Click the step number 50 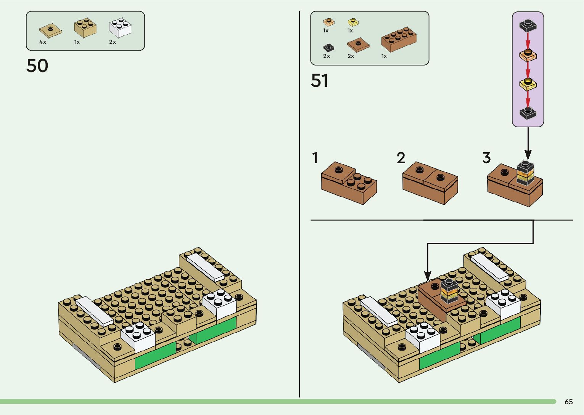(37, 66)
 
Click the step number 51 (320, 81)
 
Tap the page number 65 (568, 402)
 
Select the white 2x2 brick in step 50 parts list (120, 27)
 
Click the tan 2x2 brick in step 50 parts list (85, 27)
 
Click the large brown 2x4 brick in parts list (399, 39)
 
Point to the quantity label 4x (43, 42)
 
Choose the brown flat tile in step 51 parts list (358, 45)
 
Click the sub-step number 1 (315, 158)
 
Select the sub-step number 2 (401, 158)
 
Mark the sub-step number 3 (486, 158)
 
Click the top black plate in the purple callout (528, 26)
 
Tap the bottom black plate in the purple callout (528, 113)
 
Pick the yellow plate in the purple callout (528, 84)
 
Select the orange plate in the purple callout (528, 55)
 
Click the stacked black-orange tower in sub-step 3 (525, 174)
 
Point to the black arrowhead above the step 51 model (428, 276)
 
